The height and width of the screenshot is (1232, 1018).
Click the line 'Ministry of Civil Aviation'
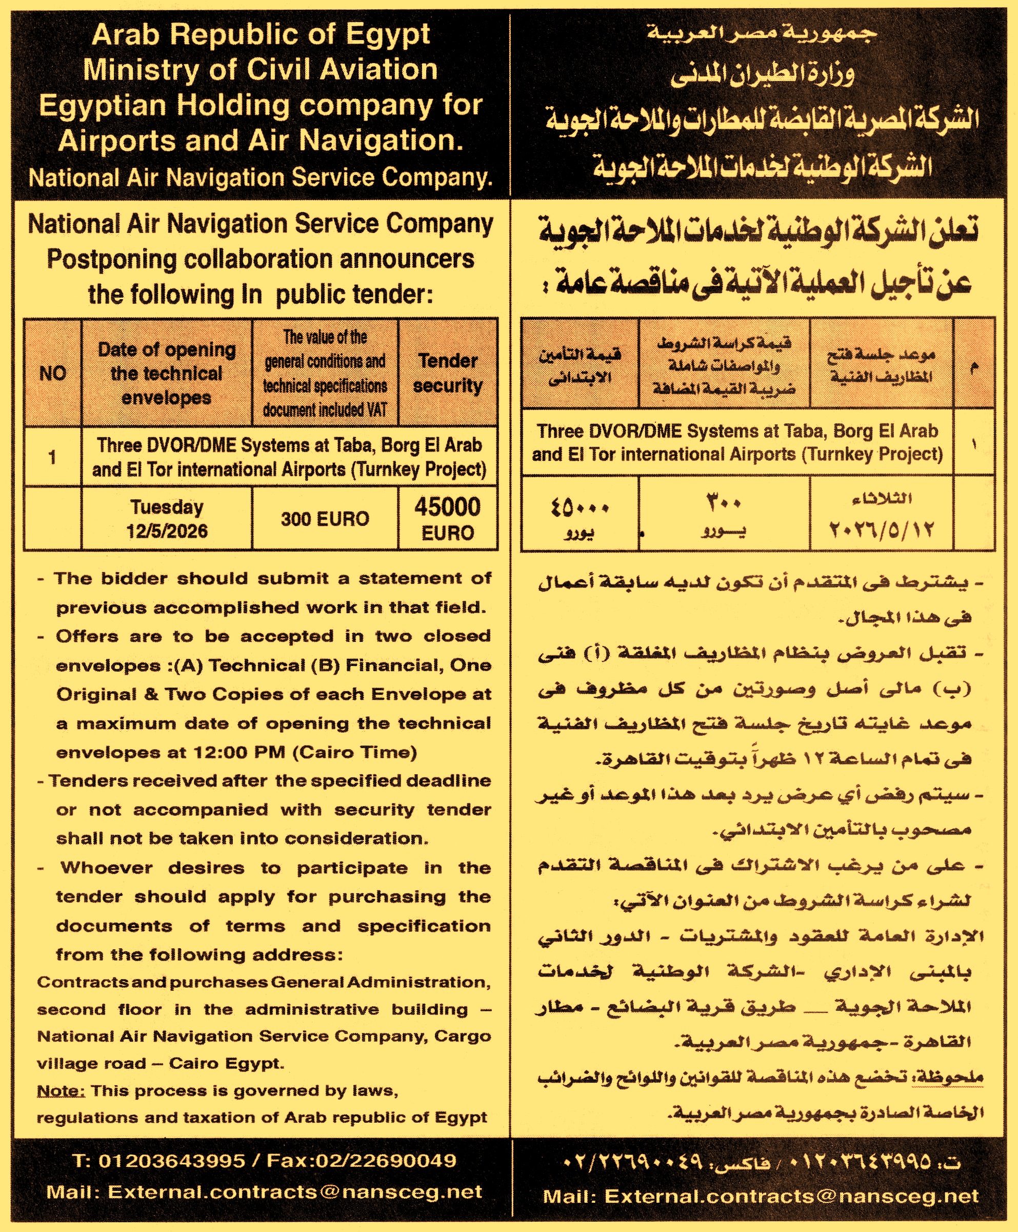(260, 70)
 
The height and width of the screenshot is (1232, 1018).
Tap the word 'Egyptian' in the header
(103, 106)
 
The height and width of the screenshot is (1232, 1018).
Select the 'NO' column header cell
(53, 373)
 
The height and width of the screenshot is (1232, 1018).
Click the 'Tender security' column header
(447, 373)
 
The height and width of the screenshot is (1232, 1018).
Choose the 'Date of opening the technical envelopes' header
(167, 373)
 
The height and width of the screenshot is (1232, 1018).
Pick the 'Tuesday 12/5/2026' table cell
(167, 519)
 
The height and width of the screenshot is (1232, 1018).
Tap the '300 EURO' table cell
(325, 519)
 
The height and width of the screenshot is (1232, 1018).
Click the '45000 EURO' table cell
(447, 519)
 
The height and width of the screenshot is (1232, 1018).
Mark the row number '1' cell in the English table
(53, 457)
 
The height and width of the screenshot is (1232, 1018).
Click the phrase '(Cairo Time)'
(354, 753)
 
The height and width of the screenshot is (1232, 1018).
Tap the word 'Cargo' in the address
(462, 1037)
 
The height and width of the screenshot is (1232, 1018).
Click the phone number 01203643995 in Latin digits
(171, 1161)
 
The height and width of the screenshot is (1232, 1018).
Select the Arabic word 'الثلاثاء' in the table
(882, 499)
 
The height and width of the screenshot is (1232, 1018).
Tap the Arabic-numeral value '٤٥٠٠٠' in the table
(580, 506)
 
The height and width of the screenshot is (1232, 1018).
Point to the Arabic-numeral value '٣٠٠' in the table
(724, 503)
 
